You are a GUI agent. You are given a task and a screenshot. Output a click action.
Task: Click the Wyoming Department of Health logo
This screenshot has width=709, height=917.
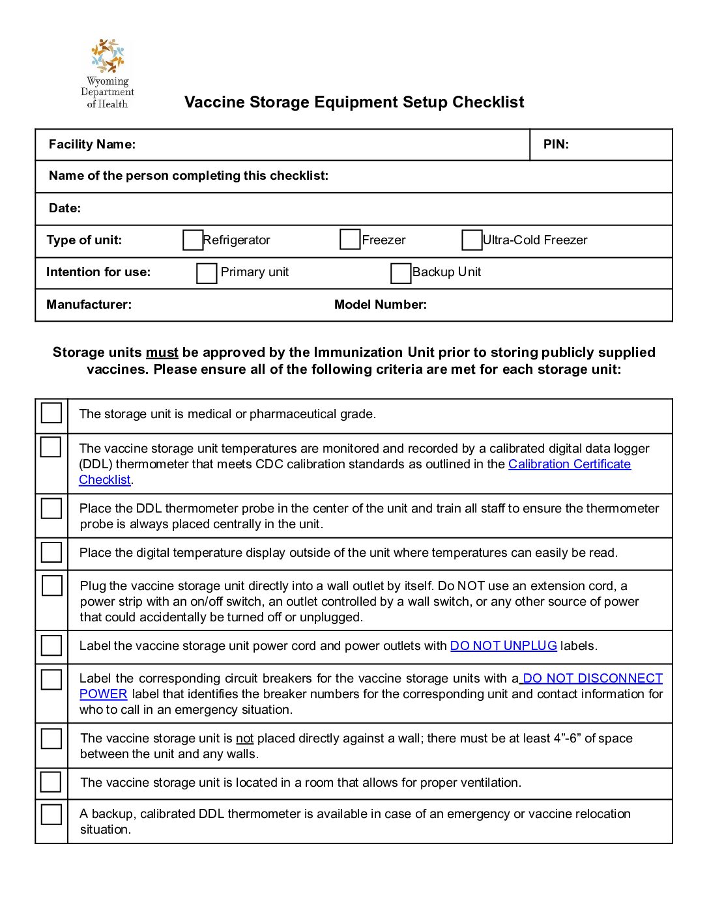click(x=108, y=73)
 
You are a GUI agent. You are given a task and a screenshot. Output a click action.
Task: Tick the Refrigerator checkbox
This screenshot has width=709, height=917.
click(x=193, y=240)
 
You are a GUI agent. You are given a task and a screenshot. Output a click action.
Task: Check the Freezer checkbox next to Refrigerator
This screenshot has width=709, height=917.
click(x=350, y=240)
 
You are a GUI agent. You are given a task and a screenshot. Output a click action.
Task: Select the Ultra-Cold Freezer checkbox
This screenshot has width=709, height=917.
click(x=472, y=240)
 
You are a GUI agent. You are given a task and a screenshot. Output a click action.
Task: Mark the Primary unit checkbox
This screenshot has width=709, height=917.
click(x=207, y=273)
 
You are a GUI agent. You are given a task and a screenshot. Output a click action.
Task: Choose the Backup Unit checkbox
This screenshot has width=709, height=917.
click(x=401, y=273)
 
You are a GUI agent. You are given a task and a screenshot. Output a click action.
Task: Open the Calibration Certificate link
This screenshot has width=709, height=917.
click(x=569, y=464)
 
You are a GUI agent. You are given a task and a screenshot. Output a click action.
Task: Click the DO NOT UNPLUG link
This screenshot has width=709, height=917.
click(x=503, y=646)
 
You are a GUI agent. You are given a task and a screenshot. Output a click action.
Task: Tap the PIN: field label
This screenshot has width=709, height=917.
click(x=556, y=145)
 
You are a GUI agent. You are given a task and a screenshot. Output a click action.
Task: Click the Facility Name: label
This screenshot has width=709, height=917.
click(x=92, y=145)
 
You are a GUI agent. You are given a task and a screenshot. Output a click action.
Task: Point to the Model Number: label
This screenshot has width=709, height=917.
click(x=381, y=305)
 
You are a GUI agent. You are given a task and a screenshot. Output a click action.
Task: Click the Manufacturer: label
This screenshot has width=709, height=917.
click(x=89, y=305)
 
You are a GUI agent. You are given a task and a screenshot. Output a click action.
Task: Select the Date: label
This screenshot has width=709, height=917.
click(x=65, y=208)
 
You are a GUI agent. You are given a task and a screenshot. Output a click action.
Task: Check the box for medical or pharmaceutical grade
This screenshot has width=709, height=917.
click(x=51, y=413)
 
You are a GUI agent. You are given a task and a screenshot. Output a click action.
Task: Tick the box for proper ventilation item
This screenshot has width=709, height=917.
click(x=51, y=782)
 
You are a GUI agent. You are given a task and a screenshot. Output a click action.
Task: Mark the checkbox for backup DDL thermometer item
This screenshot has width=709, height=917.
click(x=51, y=814)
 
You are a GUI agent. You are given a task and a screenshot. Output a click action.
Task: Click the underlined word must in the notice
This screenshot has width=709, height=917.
click(x=162, y=353)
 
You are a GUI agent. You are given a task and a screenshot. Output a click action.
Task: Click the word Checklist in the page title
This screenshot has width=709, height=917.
click(x=488, y=102)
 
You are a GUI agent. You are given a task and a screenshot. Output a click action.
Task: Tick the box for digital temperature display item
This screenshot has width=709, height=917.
click(x=51, y=552)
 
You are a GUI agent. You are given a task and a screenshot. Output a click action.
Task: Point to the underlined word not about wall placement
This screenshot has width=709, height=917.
click(x=244, y=739)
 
